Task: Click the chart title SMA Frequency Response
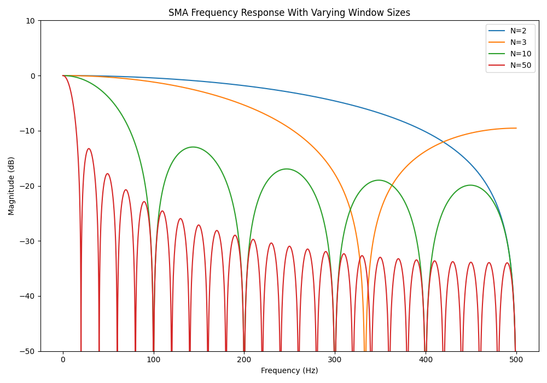pyautogui.click(x=289, y=13)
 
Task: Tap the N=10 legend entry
pyautogui.click(x=520, y=54)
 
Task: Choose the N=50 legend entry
pyautogui.click(x=520, y=65)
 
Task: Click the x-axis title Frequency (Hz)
pyautogui.click(x=289, y=370)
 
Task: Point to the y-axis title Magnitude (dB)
pyautogui.click(x=11, y=185)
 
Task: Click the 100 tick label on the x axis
pyautogui.click(x=154, y=359)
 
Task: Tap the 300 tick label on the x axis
pyautogui.click(x=335, y=359)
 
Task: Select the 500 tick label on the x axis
pyautogui.click(x=516, y=359)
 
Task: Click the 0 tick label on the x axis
pyautogui.click(x=63, y=359)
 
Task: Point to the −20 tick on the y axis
pyautogui.click(x=27, y=186)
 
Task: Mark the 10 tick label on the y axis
pyautogui.click(x=30, y=21)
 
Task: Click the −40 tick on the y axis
pyautogui.click(x=27, y=296)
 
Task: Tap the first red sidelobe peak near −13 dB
pyautogui.click(x=89, y=149)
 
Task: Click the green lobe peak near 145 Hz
pyautogui.click(x=193, y=147)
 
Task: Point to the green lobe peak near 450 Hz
pyautogui.click(x=470, y=185)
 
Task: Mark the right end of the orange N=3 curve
pyautogui.click(x=516, y=128)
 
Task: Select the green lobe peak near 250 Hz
pyautogui.click(x=287, y=169)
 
